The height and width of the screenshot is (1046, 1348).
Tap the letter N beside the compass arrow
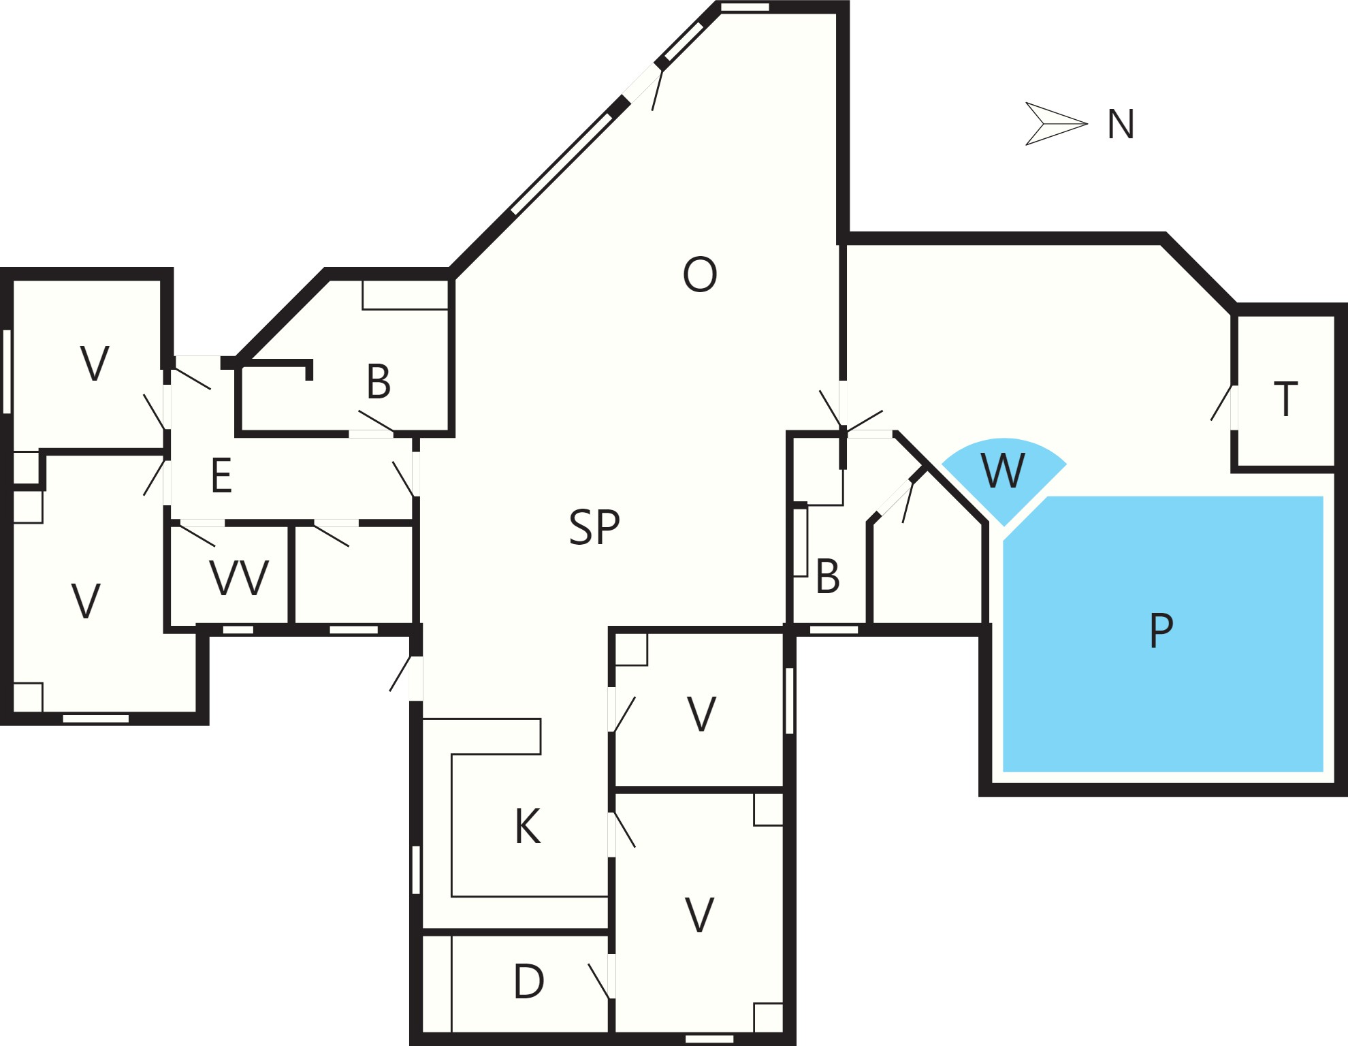1121,125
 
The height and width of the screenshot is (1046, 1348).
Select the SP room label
594,527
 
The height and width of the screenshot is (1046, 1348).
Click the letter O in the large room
700,274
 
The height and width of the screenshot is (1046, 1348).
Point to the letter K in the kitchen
528,827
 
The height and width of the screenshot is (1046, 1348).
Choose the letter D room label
529,981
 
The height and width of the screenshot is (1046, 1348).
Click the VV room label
240,578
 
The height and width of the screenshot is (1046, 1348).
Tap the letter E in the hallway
222,475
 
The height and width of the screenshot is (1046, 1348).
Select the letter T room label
1285,399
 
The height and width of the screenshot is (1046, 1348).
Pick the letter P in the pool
1161,631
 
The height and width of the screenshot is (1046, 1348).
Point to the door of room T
1222,403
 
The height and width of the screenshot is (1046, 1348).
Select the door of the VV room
197,534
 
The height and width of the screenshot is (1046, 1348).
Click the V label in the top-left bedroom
95,364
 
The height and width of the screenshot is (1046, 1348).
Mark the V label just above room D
699,915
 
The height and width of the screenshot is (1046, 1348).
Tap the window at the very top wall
745,7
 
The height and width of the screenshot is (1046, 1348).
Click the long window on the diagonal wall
562,163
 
